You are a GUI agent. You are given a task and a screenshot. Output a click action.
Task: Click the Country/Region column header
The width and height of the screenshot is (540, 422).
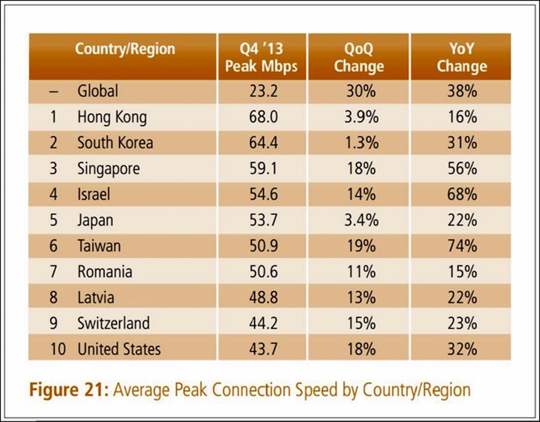click(125, 49)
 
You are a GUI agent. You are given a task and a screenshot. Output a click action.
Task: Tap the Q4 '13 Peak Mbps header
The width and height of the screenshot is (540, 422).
click(261, 58)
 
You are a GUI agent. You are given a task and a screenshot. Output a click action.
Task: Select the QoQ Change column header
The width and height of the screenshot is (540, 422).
click(359, 58)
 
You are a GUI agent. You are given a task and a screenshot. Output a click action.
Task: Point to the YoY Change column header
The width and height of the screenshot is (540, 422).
click(462, 58)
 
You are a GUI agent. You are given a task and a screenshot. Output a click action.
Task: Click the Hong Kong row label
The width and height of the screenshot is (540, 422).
click(112, 117)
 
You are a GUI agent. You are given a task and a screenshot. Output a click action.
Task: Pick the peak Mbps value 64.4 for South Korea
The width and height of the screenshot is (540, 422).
click(262, 142)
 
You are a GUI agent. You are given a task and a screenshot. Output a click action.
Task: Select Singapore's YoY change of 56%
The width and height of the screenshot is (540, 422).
click(462, 168)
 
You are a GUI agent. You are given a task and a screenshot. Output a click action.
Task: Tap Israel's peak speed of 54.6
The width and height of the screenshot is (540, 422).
click(262, 194)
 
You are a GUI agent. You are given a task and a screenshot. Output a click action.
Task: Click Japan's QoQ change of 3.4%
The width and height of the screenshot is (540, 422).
click(361, 220)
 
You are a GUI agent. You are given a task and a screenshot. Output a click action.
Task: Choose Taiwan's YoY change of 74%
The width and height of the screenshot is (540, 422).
click(462, 246)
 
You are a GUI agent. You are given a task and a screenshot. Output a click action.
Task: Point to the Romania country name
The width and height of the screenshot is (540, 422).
click(104, 271)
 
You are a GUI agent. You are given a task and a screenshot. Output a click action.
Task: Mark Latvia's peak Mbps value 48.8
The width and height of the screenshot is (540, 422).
click(262, 297)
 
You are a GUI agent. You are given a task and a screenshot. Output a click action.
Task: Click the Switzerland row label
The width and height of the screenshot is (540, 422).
click(113, 323)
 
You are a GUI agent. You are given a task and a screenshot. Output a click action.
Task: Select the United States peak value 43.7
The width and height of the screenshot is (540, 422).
click(262, 349)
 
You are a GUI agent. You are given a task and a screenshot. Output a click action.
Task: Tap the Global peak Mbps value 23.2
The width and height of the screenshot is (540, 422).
click(262, 90)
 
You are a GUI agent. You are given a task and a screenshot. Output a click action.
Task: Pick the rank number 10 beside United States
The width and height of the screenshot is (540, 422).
click(57, 349)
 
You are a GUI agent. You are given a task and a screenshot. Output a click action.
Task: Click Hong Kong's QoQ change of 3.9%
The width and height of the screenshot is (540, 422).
click(361, 117)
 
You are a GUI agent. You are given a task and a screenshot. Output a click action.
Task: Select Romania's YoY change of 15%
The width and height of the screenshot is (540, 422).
click(462, 271)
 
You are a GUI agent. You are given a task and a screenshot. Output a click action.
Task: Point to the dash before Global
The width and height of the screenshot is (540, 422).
click(54, 90)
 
